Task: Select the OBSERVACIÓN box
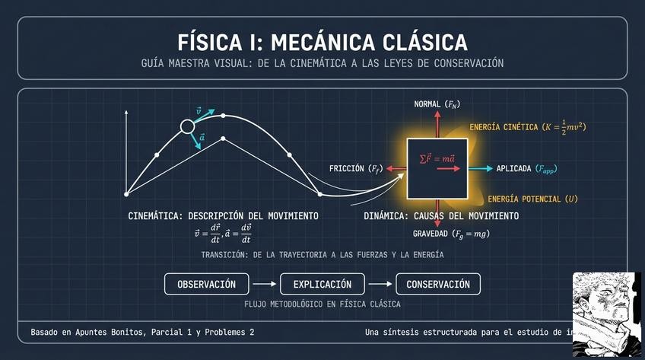tap(206, 285)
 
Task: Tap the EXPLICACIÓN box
tap(323, 285)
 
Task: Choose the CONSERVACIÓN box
tap(438, 285)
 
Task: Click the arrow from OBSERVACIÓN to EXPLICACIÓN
tap(264, 285)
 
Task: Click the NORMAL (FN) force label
tap(437, 104)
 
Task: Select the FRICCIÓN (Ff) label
tap(355, 168)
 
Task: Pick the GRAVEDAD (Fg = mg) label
tap(451, 234)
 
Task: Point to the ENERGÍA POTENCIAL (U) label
tap(532, 199)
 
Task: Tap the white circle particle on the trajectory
tap(187, 127)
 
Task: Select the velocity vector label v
tap(199, 111)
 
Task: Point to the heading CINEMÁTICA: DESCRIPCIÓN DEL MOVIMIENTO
tap(223, 217)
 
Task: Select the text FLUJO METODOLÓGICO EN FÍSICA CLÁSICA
tap(322, 304)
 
